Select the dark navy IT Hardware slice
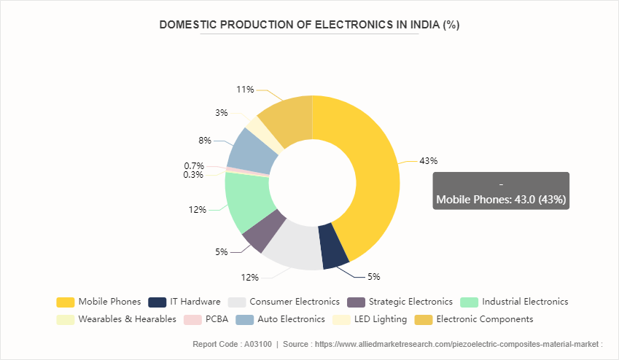335,254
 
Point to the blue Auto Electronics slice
252,150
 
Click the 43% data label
428,161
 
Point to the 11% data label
245,90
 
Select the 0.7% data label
194,166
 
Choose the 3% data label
221,113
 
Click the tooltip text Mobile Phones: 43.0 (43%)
501,199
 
